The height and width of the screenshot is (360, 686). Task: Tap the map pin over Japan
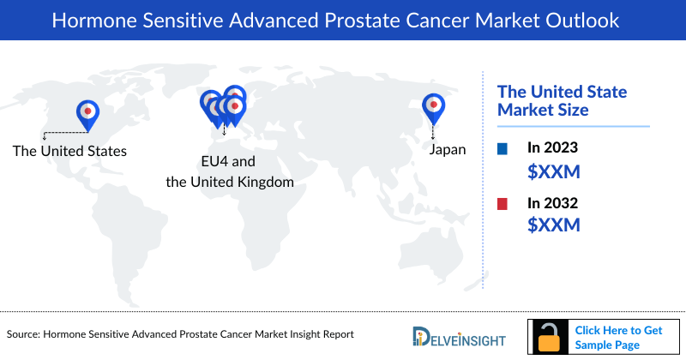434,106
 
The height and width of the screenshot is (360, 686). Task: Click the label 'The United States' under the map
69,151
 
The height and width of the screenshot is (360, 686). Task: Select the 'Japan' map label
447,149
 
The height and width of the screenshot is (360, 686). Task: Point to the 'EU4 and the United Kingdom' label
229,171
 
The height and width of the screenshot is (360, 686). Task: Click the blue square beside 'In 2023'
502,148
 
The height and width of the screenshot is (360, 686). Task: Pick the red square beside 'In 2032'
502,203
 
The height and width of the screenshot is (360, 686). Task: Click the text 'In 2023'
553,148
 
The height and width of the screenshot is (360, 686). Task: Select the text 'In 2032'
553,203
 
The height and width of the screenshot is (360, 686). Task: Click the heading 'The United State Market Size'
563,100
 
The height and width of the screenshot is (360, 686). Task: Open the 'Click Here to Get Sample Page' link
618,337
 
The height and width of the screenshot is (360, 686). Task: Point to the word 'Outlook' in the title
586,20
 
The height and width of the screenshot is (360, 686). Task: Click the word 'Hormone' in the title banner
87,20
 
